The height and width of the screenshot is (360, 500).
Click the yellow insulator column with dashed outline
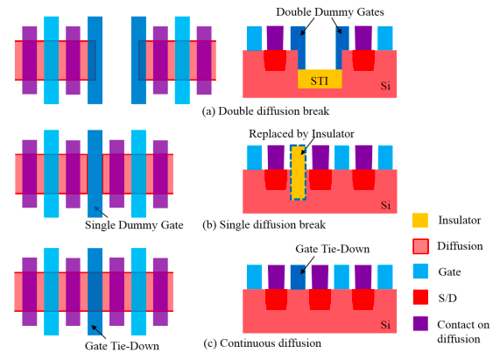(x=298, y=172)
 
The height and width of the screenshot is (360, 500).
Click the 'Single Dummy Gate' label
(x=134, y=225)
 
